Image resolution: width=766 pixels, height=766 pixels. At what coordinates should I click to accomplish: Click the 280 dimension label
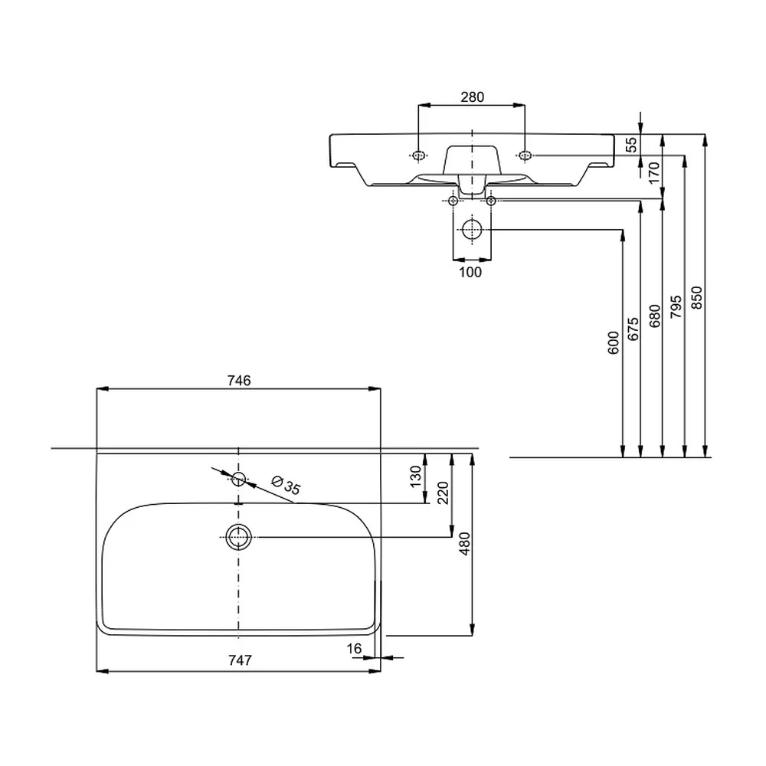pos(472,97)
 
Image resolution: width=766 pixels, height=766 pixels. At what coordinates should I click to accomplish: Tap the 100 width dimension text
pos(470,272)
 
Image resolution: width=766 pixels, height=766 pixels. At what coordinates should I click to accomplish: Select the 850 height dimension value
pos(696,297)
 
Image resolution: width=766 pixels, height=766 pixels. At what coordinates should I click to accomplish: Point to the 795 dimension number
pos(676,307)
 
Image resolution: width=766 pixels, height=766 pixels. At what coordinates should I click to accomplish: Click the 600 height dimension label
pos(613,342)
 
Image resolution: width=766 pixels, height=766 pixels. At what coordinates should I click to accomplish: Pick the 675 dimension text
pos(633,329)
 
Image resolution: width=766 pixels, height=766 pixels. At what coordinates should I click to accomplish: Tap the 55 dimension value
pos(631,145)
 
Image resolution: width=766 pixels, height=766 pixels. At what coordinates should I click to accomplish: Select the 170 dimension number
pos(653,173)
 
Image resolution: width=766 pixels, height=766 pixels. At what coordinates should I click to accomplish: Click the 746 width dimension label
pos(239,380)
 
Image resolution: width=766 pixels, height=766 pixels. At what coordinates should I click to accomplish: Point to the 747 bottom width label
pos(240,660)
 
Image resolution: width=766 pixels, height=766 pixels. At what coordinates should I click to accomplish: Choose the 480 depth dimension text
pos(465,543)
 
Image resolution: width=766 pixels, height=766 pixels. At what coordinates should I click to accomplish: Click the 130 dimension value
pos(415,476)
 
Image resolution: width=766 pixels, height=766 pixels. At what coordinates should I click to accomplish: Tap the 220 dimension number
pos(443,493)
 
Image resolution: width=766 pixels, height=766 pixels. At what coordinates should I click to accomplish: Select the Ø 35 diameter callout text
pos(286,485)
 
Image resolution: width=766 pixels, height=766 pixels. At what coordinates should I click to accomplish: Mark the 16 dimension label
pos(354,648)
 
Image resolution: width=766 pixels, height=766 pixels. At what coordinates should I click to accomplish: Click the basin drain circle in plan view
pos(238,537)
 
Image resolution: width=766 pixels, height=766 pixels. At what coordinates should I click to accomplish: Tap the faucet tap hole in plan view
pos(238,479)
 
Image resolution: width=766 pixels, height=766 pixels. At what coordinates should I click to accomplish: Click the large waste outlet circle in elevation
pos(472,230)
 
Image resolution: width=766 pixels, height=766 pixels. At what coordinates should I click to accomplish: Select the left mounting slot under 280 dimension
pos(419,155)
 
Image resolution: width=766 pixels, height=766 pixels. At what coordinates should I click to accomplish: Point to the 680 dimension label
pos(654,316)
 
